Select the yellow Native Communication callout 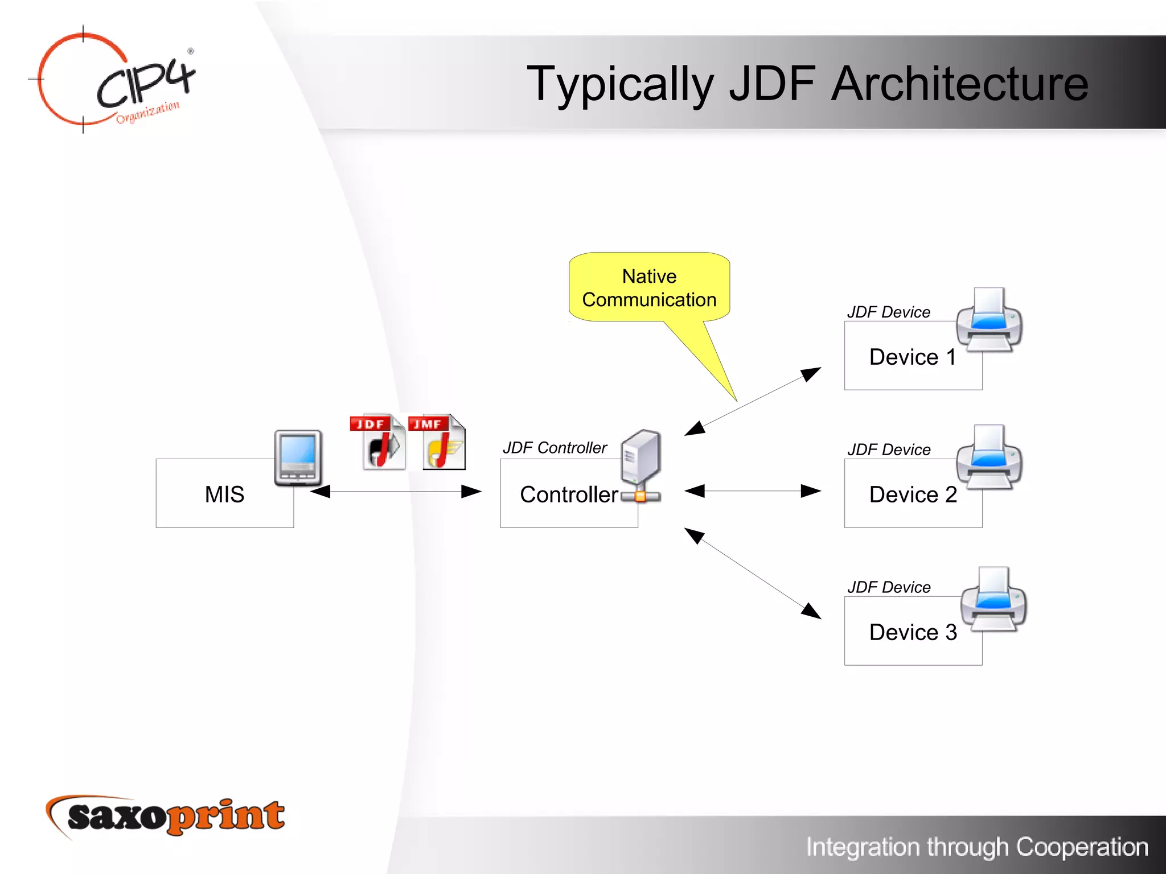pos(649,288)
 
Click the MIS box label pos(224,494)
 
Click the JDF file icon pos(377,442)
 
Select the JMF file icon pos(437,442)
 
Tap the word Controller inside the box pos(568,494)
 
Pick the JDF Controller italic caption pos(555,448)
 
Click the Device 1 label pos(912,357)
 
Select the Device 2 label pos(913,494)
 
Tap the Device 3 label pos(913,632)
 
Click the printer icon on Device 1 pos(989,320)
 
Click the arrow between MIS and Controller pos(396,491)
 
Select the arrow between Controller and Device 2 pos(752,490)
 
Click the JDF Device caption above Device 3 pos(889,587)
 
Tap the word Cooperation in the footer pos(1082,847)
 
